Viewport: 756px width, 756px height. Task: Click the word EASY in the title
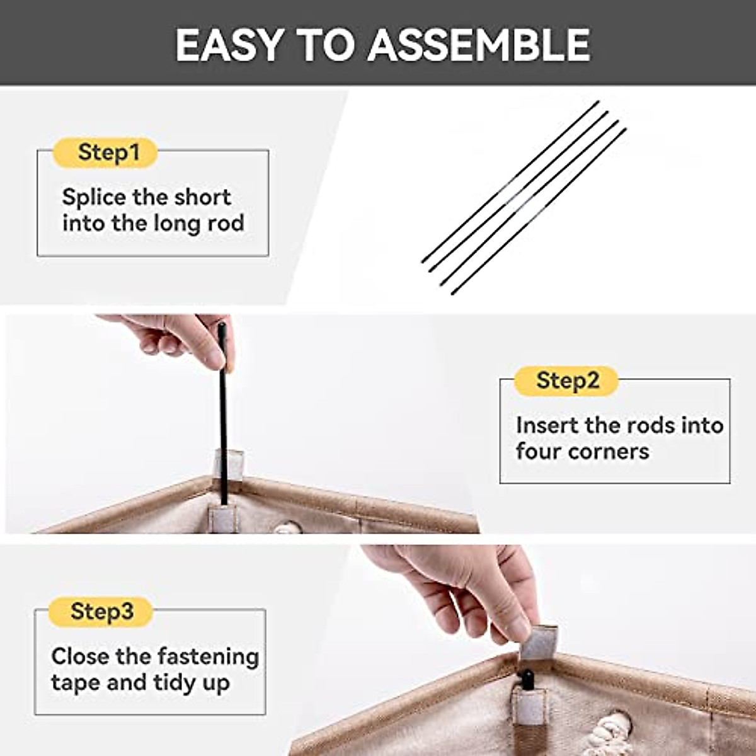click(229, 45)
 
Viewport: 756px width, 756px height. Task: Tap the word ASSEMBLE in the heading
click(478, 45)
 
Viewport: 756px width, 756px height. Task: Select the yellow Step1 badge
click(106, 152)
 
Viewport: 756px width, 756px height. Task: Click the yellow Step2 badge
click(566, 381)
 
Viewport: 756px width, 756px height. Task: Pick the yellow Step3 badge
click(101, 612)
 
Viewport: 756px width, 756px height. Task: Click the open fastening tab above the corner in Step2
click(229, 463)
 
